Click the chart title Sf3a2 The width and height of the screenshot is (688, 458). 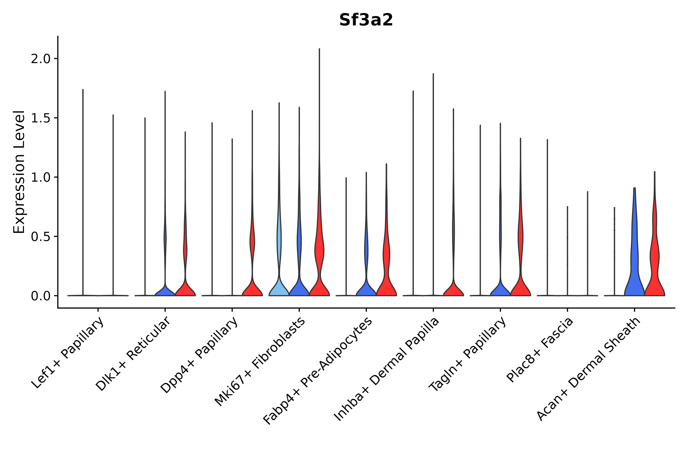coord(366,20)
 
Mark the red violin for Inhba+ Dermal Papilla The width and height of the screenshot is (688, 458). coord(453,289)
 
